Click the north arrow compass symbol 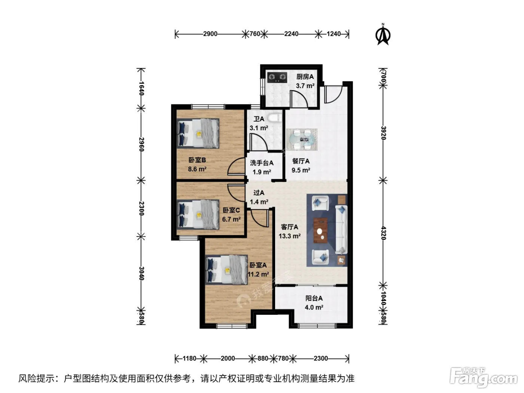point(383,34)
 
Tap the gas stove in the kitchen point(277,77)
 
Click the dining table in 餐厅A point(302,139)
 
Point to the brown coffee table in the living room point(320,230)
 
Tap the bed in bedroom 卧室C point(198,214)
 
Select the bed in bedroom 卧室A point(226,269)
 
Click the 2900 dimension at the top point(210,34)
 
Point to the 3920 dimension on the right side point(383,133)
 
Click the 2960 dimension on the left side point(141,144)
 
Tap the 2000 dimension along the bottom point(228,359)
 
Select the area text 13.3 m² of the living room point(290,236)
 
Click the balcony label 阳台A point(314,298)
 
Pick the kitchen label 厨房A point(305,77)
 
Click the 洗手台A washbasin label point(262,163)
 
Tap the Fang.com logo point(484,378)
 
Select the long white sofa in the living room point(341,229)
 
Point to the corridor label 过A point(259,193)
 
